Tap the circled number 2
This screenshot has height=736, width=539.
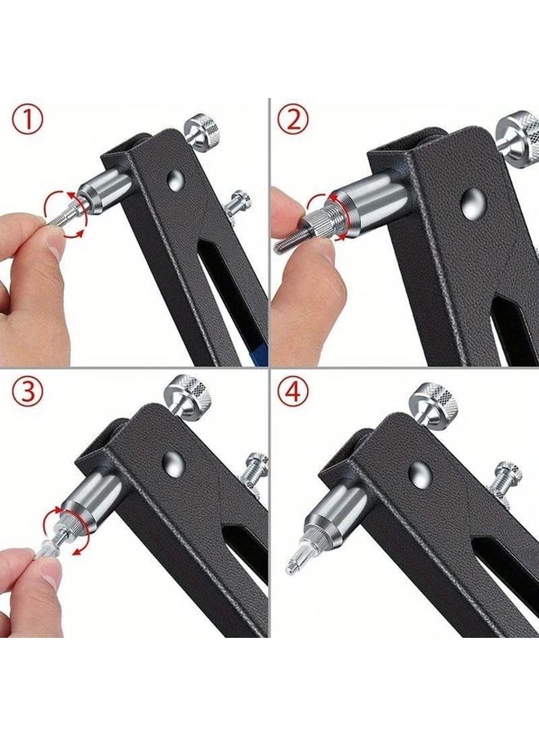294,121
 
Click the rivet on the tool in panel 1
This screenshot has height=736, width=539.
176,180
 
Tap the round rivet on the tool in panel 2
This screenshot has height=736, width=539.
471,204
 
